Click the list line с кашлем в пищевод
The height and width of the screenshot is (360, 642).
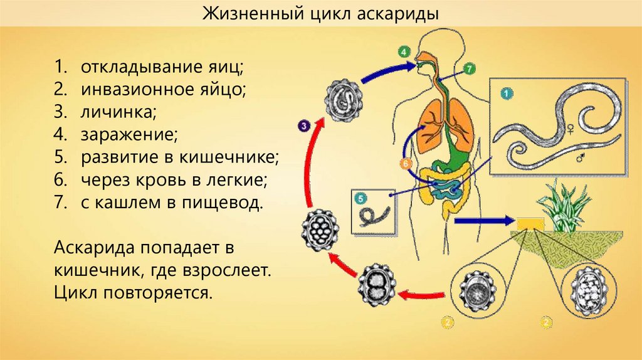169,203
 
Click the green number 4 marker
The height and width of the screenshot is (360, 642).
404,51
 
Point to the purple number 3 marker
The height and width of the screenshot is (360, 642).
303,126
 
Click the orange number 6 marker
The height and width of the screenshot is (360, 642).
404,164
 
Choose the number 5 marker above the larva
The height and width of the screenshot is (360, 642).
360,198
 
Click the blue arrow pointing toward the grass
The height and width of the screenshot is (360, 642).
483,221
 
